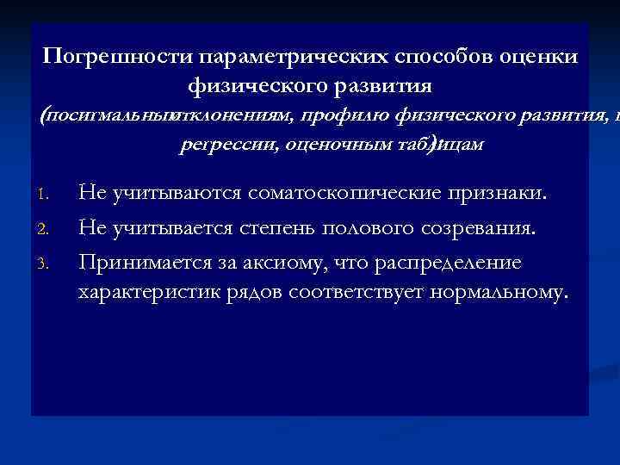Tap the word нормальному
pos(504,292)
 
